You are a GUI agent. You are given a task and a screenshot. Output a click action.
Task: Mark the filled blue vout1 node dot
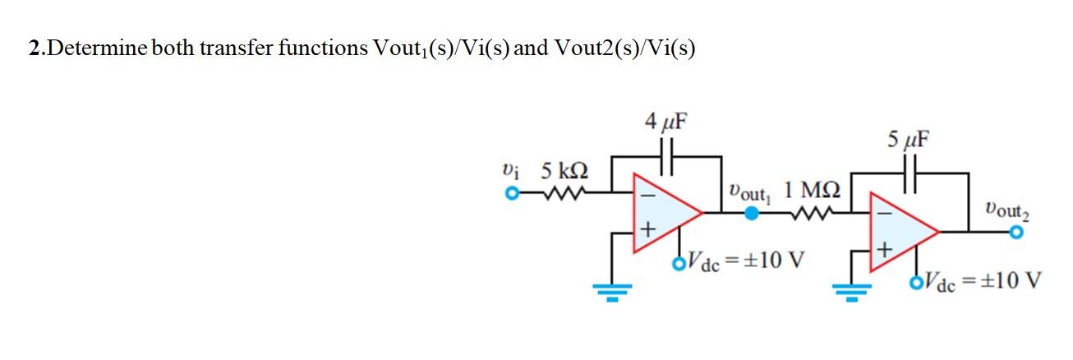(751, 213)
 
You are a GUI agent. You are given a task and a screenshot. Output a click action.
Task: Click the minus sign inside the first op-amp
(647, 197)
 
